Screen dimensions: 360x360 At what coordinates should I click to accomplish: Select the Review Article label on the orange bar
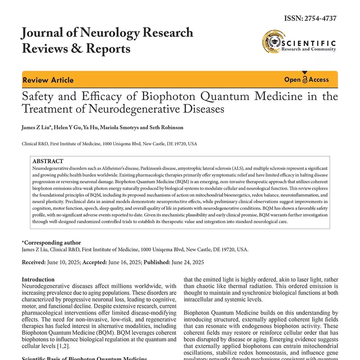click(48, 80)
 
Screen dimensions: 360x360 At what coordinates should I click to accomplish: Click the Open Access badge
click(306, 80)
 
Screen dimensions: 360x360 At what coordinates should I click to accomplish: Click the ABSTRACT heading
click(48, 161)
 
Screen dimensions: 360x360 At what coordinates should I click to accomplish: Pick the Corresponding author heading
click(51, 243)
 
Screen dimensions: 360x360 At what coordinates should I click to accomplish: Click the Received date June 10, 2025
click(64, 262)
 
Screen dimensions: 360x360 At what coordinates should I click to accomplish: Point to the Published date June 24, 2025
click(188, 262)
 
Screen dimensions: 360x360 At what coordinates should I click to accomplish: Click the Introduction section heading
click(38, 280)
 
